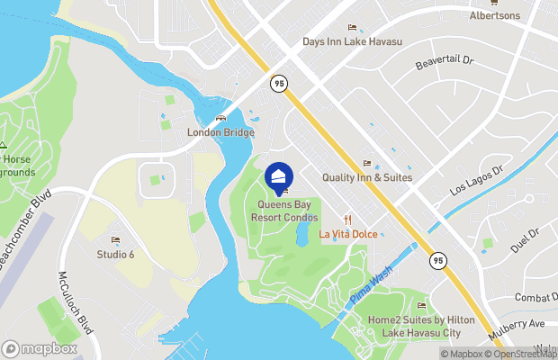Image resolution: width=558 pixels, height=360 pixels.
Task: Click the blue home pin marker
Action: [279, 175]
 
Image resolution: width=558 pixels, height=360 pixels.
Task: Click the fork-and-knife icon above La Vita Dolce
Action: [346, 220]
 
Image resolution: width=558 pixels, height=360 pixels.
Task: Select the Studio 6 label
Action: [115, 254]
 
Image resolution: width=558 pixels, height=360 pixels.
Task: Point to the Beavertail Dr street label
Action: [443, 65]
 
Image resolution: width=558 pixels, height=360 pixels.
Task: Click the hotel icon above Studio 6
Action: [115, 239]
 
